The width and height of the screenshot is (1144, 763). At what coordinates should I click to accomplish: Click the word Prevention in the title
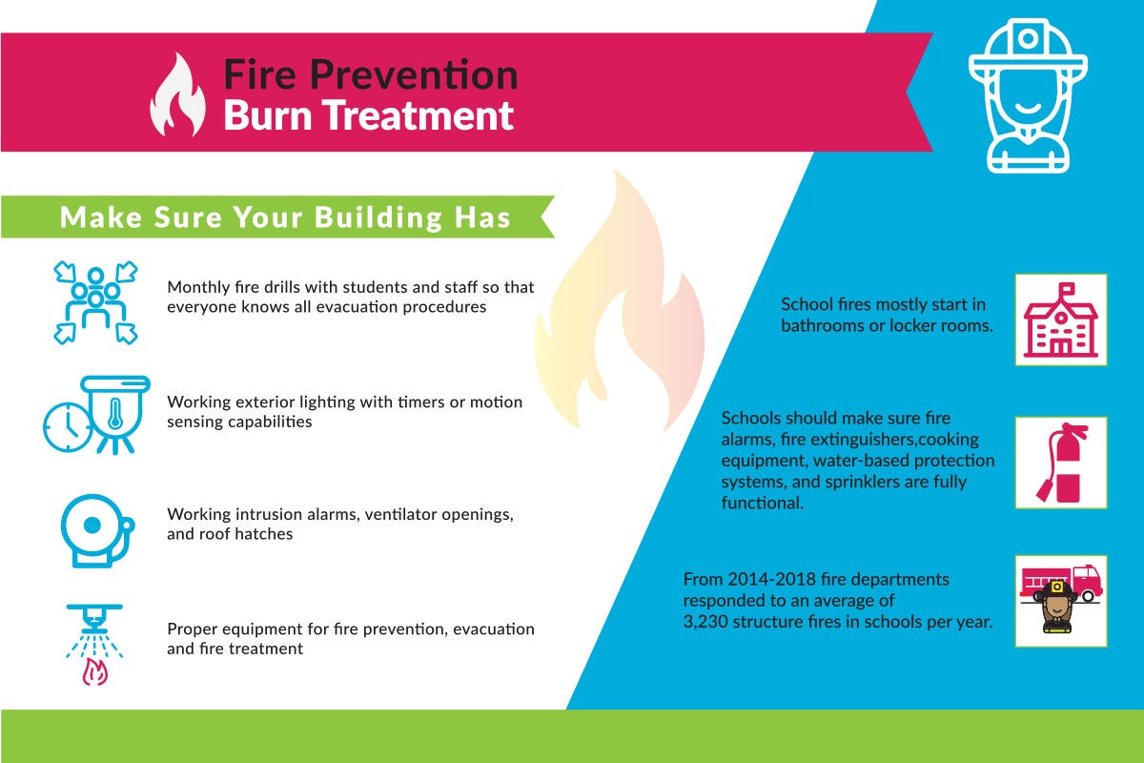pos(414,75)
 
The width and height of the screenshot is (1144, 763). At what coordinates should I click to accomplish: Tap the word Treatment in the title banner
pos(418,115)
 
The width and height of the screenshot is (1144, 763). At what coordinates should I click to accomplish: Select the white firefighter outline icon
pos(1028,95)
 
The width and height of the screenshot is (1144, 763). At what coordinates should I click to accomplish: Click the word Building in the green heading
pos(378,217)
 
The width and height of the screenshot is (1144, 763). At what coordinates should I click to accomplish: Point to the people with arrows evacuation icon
pos(95,302)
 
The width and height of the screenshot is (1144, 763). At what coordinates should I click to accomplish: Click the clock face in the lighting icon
pos(68,426)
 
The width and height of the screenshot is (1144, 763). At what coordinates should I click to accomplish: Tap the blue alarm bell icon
pos(97,531)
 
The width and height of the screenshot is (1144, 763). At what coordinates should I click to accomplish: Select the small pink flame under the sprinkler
pos(95,671)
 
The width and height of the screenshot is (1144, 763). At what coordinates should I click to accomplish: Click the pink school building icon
pos(1061,320)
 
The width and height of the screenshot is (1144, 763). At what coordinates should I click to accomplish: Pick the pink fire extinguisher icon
pos(1061,463)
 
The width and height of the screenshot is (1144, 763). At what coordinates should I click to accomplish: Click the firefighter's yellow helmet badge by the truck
pos(1057,587)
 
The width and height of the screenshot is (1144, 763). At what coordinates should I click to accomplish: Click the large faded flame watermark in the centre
pos(620,301)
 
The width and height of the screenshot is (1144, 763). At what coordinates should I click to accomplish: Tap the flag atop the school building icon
pos(1067,289)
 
